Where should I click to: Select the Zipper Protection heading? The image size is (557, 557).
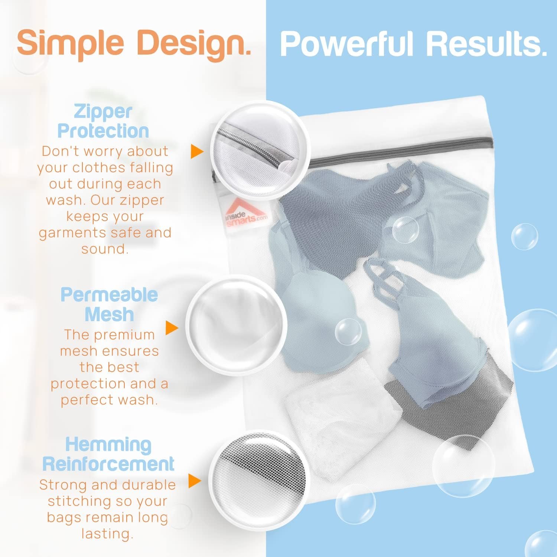pos(103,121)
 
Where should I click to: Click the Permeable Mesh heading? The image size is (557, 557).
pos(110,304)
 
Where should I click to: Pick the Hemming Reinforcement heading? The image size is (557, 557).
pos(108,454)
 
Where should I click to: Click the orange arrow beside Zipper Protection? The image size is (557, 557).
pos(197,152)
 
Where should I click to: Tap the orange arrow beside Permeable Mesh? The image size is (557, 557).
pos(172,328)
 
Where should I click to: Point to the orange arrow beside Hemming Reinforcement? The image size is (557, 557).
pos(195,481)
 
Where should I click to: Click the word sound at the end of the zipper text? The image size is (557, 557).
pos(105,249)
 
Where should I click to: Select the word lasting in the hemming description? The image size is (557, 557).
pos(107,534)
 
